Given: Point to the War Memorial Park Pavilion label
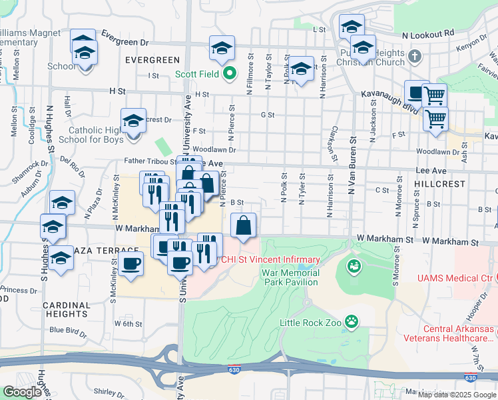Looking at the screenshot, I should [294, 278].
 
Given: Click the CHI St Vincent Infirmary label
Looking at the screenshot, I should [271, 259].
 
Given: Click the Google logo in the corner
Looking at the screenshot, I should [22, 392].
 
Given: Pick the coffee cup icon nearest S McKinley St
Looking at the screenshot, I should [131, 263].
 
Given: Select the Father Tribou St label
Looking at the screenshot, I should [150, 161].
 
